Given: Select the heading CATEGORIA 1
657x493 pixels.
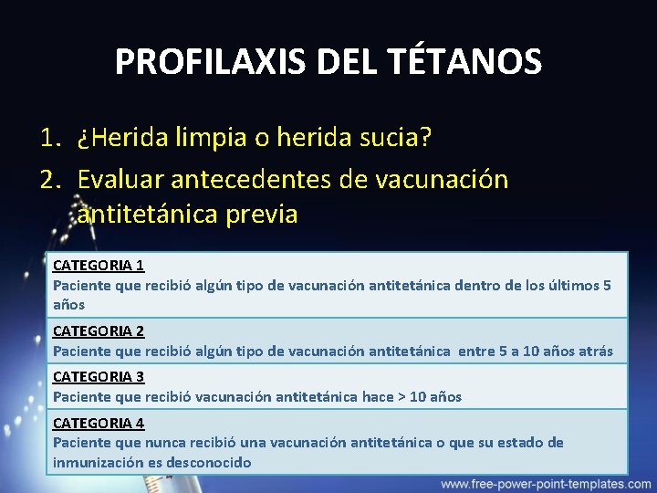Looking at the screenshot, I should tap(99, 266).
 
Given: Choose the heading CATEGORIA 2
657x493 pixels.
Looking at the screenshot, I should tap(99, 330).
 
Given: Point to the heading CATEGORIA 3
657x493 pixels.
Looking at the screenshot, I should tap(99, 376).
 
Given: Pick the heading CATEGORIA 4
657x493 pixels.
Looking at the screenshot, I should tap(99, 423).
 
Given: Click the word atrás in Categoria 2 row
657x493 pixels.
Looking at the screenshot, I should tap(595, 351).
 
